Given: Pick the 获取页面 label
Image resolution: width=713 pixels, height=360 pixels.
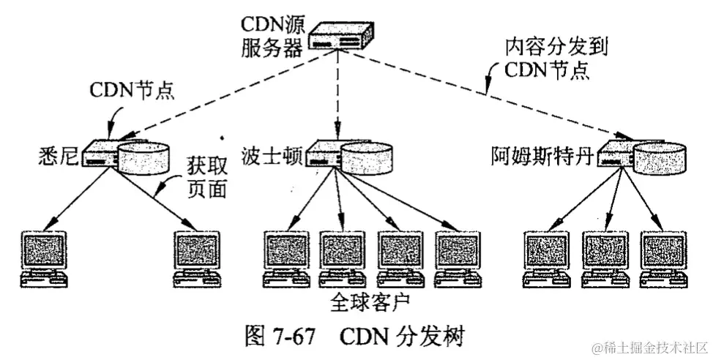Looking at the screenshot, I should click(204, 179).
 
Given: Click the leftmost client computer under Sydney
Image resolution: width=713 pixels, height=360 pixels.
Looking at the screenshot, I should click(43, 258).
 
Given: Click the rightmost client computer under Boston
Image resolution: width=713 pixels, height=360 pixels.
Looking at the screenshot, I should click(457, 258).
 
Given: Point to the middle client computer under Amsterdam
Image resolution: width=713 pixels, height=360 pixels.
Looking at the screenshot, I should click(605, 258).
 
